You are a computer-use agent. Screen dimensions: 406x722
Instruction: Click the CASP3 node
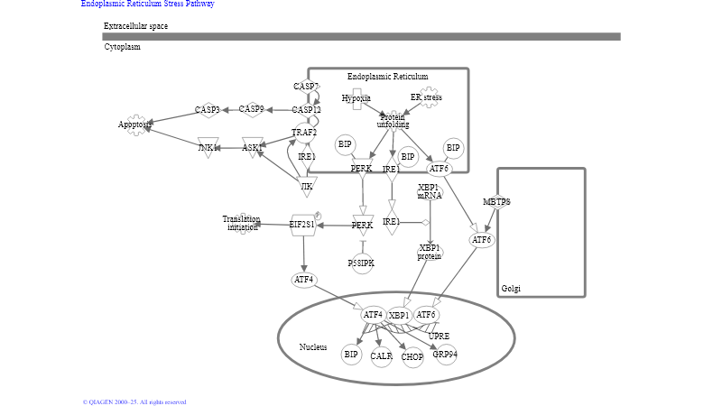(208, 110)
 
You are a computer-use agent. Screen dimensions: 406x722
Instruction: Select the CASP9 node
(252, 109)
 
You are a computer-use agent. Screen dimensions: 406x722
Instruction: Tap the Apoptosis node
(135, 125)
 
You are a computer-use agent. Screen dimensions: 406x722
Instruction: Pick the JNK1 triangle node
(208, 147)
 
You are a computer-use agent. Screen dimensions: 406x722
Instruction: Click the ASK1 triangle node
(253, 147)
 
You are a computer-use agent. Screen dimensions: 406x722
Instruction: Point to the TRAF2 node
(304, 134)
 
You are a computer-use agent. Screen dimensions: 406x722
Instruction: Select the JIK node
(307, 187)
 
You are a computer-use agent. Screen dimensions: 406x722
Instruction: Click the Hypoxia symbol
(356, 98)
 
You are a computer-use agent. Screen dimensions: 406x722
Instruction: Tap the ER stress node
(426, 97)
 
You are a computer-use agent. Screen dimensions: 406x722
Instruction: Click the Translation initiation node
(242, 223)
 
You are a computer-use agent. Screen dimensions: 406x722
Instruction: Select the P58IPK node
(361, 263)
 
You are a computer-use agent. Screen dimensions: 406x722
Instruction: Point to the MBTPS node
(496, 202)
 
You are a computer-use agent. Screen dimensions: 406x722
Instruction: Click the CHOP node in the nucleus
(412, 357)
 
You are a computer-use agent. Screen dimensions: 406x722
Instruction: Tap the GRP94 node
(445, 355)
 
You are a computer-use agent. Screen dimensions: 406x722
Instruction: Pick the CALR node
(381, 356)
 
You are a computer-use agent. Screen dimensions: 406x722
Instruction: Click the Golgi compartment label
(510, 289)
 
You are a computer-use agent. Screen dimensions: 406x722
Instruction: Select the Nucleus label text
(313, 347)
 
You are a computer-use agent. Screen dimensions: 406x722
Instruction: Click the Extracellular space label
(135, 26)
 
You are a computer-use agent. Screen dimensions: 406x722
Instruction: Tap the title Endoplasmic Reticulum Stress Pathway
(147, 4)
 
